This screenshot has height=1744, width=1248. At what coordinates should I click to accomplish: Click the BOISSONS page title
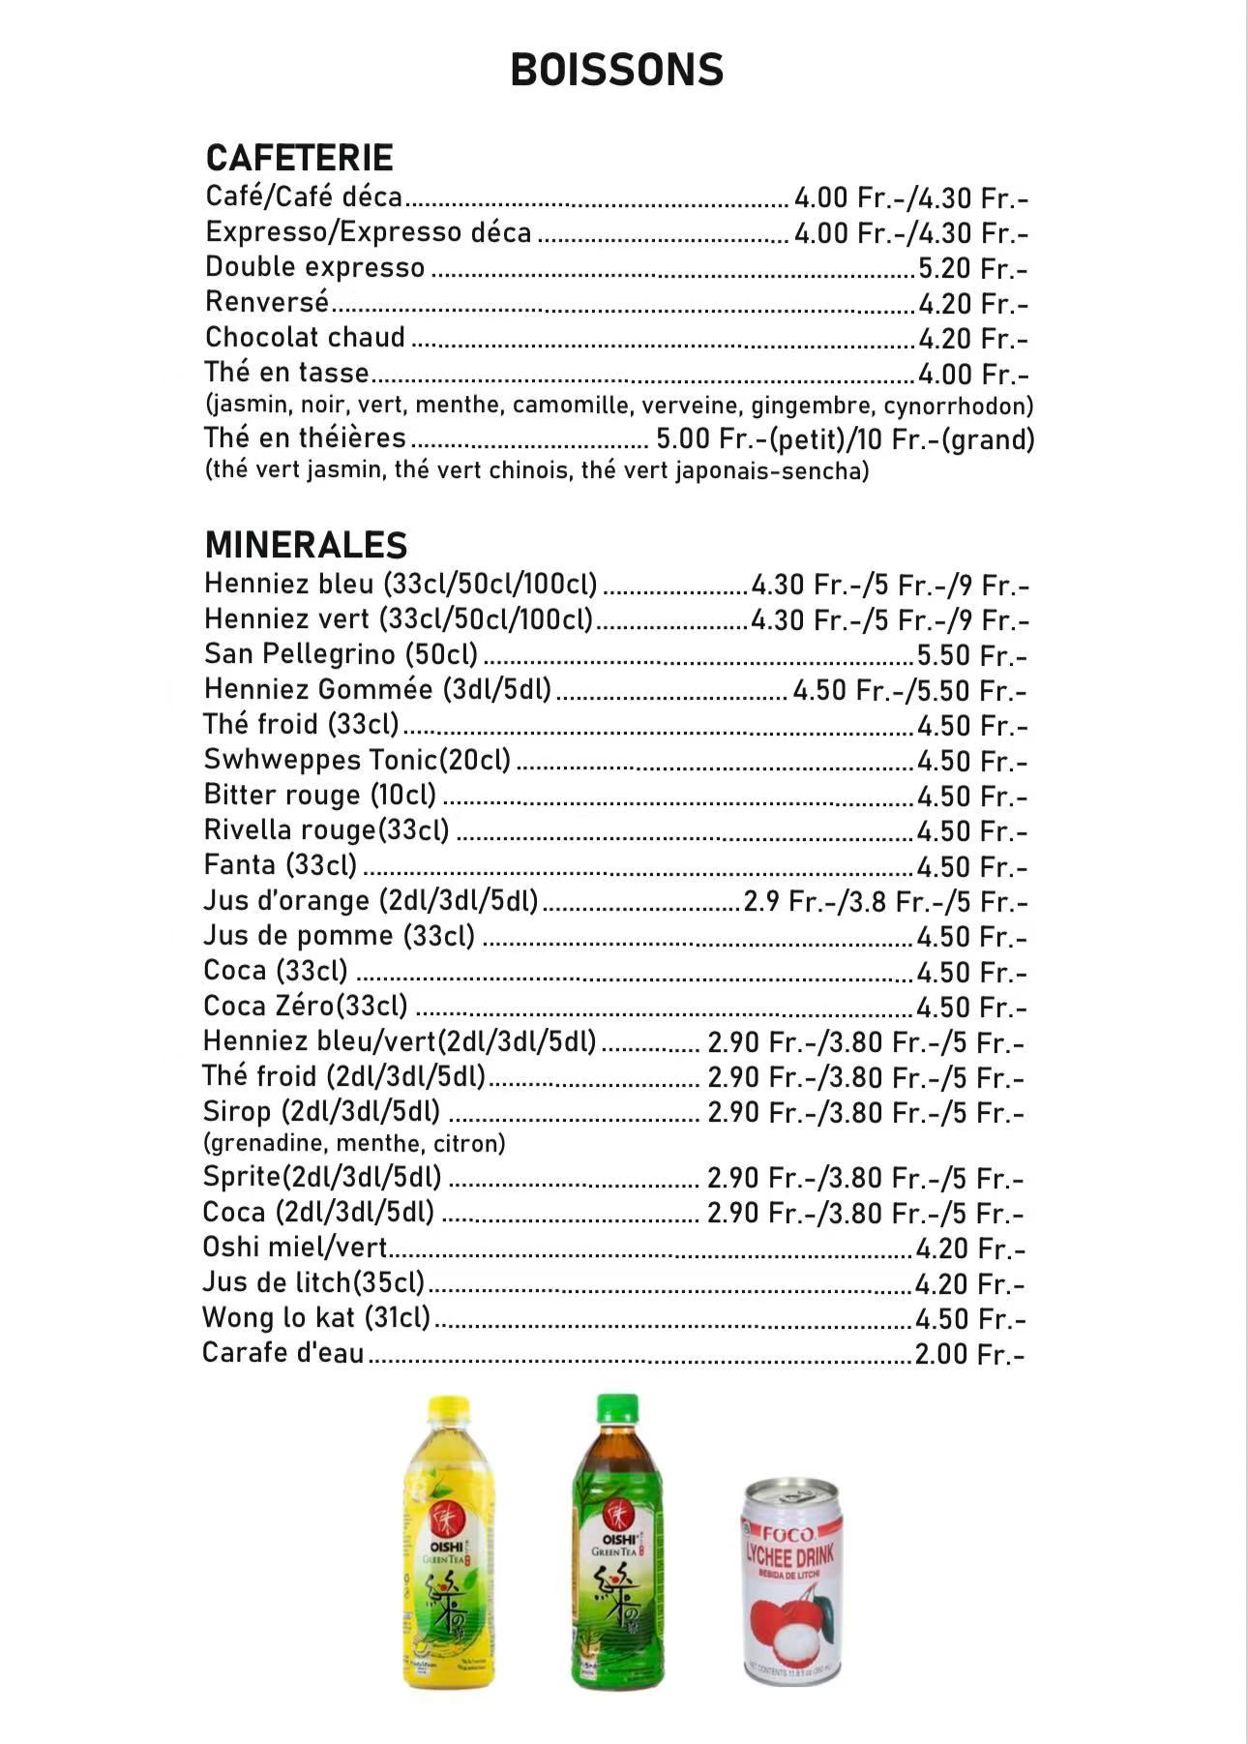point(617,71)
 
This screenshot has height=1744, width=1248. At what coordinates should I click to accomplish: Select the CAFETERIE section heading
point(299,159)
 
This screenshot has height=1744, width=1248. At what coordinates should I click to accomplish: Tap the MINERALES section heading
point(306,546)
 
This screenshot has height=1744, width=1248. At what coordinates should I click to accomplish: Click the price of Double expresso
point(972,269)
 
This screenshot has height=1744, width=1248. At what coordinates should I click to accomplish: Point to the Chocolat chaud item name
point(305,338)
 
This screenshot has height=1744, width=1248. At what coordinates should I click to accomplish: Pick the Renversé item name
point(267,303)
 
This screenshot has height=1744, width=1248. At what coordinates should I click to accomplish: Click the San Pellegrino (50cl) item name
point(341,654)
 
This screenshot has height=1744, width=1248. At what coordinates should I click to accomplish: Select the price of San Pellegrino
point(971,656)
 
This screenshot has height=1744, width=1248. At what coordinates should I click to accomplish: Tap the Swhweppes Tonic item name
point(357,760)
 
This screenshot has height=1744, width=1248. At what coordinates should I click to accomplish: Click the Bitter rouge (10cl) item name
point(319,796)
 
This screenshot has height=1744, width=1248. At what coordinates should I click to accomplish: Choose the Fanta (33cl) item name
point(280,865)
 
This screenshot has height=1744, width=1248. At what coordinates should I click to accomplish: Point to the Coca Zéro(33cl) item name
point(305,1007)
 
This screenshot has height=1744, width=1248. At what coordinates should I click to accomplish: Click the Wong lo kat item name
point(315,1318)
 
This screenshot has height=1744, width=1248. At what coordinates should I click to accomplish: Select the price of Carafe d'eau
point(969,1354)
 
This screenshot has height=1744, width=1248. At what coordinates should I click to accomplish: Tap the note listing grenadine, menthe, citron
point(354,1144)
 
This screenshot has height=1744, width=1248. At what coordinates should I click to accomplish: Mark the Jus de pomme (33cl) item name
point(339,936)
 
